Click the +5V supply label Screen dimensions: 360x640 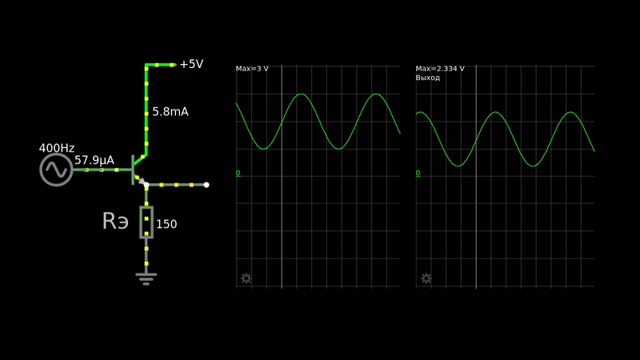pyautogui.click(x=190, y=64)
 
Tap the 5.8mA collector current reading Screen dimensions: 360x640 pyautogui.click(x=170, y=112)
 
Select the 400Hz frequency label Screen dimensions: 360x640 pyautogui.click(x=56, y=148)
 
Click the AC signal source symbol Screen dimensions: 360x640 pyautogui.click(x=56, y=170)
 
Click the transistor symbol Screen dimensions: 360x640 pyautogui.click(x=135, y=170)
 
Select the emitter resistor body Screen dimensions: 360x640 pyautogui.click(x=146, y=222)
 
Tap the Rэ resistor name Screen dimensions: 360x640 pyautogui.click(x=115, y=222)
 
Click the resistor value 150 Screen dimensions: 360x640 pyautogui.click(x=166, y=225)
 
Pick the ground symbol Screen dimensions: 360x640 pyautogui.click(x=146, y=278)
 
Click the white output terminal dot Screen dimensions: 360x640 pyautogui.click(x=206, y=185)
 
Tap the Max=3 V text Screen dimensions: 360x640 pyautogui.click(x=252, y=69)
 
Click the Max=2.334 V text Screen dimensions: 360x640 pyautogui.click(x=440, y=69)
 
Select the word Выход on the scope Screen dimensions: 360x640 pyautogui.click(x=428, y=78)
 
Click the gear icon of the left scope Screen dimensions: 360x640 pyautogui.click(x=246, y=278)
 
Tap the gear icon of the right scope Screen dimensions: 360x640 pyautogui.click(x=426, y=278)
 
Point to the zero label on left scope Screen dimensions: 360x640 pyautogui.click(x=238, y=173)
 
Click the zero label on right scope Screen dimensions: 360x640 pyautogui.click(x=418, y=173)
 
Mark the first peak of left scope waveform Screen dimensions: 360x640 pyautogui.click(x=301, y=94)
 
